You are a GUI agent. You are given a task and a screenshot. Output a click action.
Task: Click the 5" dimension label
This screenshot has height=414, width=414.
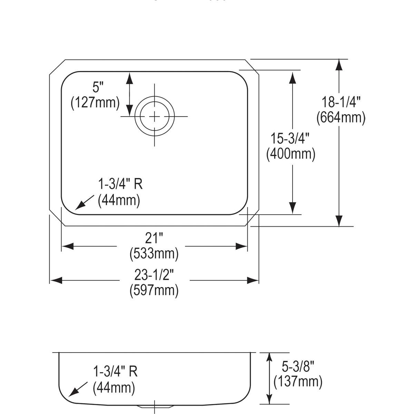tap(98, 88)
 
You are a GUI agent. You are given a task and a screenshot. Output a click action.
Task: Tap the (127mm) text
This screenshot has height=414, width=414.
tap(95, 102)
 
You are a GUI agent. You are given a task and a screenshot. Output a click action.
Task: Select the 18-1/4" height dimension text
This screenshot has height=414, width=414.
tap(341, 102)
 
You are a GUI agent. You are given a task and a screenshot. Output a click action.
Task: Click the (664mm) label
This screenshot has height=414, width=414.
tap(341, 117)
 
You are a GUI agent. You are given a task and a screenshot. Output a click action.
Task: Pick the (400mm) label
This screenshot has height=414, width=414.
tap(290, 154)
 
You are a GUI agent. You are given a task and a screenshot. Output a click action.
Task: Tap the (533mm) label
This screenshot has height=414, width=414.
tap(154, 254)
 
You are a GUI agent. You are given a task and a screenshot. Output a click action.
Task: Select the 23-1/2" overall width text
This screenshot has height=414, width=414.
tap(154, 275)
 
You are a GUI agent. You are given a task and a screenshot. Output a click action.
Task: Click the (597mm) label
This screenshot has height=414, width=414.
tap(154, 290)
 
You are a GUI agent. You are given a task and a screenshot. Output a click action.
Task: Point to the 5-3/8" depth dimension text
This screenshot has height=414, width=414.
tap(297, 366)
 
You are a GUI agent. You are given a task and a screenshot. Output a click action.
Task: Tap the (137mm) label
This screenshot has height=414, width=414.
tap(298, 382)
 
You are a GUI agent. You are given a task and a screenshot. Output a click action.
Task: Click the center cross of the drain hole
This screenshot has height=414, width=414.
tap(155, 117)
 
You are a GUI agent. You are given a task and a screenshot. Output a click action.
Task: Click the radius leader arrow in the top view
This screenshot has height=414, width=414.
tap(84, 202)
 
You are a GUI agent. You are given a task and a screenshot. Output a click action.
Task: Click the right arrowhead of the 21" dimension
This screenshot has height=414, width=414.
tap(241, 246)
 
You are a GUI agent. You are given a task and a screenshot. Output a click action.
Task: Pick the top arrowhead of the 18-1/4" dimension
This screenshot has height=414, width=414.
tap(339, 65)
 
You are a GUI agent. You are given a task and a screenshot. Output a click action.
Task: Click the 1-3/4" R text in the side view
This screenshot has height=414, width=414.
tap(115, 372)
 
